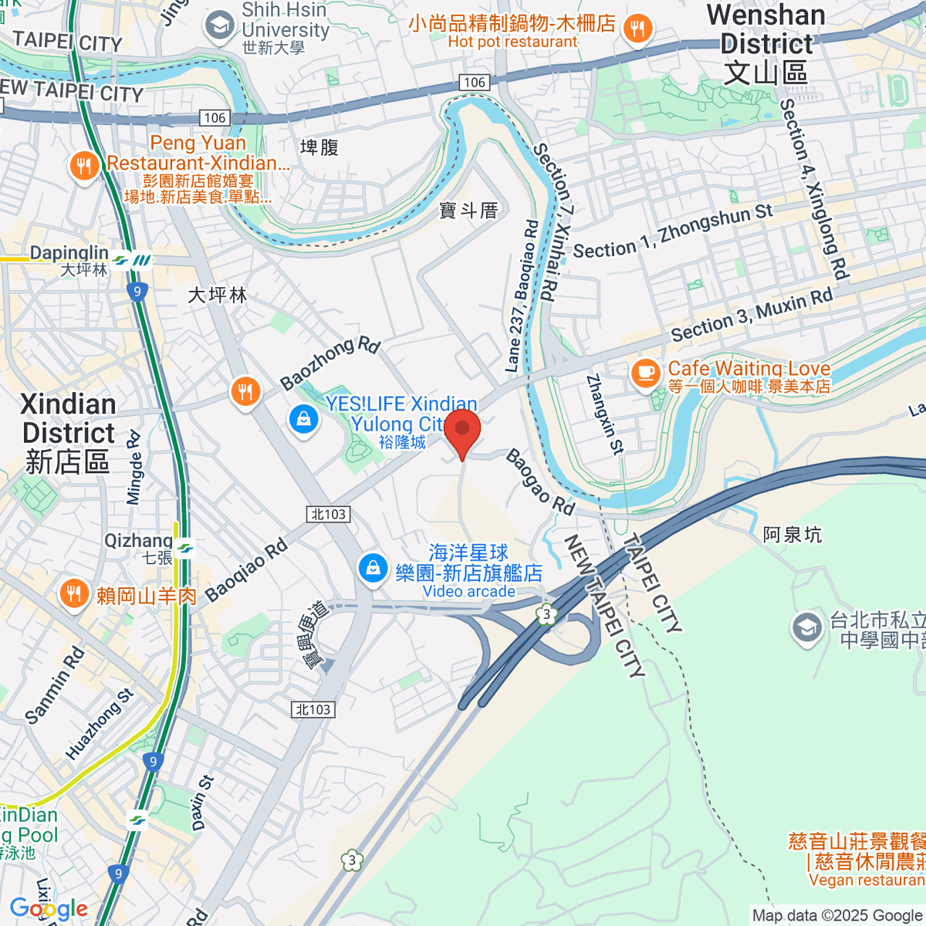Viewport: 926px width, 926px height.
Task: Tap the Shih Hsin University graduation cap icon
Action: coord(220,25)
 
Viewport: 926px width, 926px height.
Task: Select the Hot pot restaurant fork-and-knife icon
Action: coord(637,29)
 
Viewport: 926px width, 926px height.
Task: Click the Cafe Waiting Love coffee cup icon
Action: coord(646,374)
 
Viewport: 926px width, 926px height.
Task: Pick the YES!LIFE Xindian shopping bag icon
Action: coord(304,420)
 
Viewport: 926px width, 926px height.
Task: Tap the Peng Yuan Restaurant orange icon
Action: coord(83,165)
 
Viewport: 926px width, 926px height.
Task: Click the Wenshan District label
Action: coord(765,45)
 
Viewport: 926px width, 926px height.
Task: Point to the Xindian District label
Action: coord(68,432)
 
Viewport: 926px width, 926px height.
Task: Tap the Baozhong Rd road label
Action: coord(330,363)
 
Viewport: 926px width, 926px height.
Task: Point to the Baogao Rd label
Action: coord(540,482)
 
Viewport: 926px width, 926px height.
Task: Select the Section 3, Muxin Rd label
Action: coord(752,315)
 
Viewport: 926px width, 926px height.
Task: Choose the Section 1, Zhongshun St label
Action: coord(672,231)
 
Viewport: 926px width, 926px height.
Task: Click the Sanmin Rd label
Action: coord(54,686)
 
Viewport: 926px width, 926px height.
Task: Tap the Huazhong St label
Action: coord(100,724)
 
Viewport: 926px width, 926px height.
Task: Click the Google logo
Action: coord(49,908)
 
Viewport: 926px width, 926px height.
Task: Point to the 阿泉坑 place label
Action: coord(792,535)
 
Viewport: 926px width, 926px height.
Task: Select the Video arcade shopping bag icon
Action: coord(373,569)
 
